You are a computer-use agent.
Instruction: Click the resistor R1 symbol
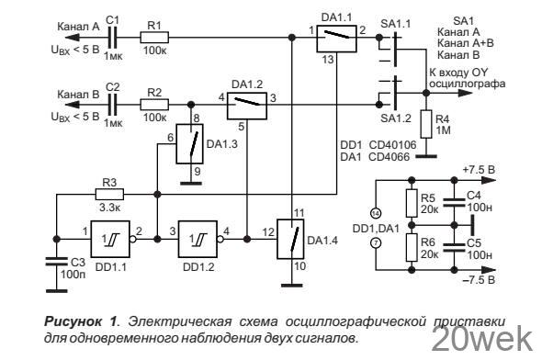pyautogui.click(x=154, y=38)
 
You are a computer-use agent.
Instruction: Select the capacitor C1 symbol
pyautogui.click(x=113, y=38)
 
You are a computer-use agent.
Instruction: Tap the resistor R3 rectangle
pyautogui.click(x=109, y=195)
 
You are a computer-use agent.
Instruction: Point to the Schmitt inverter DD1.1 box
pyautogui.click(x=110, y=239)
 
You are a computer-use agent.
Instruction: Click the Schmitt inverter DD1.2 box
pyautogui.click(x=198, y=239)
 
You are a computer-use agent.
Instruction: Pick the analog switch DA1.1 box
pyautogui.click(x=336, y=39)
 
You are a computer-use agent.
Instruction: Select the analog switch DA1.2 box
pyautogui.click(x=247, y=106)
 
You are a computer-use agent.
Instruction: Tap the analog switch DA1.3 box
pyautogui.click(x=190, y=143)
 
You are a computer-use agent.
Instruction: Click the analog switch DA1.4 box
pyautogui.click(x=290, y=239)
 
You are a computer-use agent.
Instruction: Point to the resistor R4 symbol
pyautogui.click(x=426, y=124)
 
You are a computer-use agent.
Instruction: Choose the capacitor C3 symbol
pyautogui.click(x=56, y=262)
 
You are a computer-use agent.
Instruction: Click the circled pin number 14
pyautogui.click(x=376, y=214)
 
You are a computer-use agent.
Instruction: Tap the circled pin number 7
pyautogui.click(x=376, y=243)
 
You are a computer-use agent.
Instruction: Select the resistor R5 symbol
pyautogui.click(x=412, y=203)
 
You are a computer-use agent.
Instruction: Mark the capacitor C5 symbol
pyautogui.click(x=454, y=247)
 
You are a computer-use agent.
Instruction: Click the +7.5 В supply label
pyautogui.click(x=480, y=170)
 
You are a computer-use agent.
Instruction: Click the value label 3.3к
pyautogui.click(x=109, y=208)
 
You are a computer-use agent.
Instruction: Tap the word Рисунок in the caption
pyautogui.click(x=73, y=322)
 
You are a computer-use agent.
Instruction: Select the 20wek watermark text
pyautogui.click(x=482, y=339)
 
